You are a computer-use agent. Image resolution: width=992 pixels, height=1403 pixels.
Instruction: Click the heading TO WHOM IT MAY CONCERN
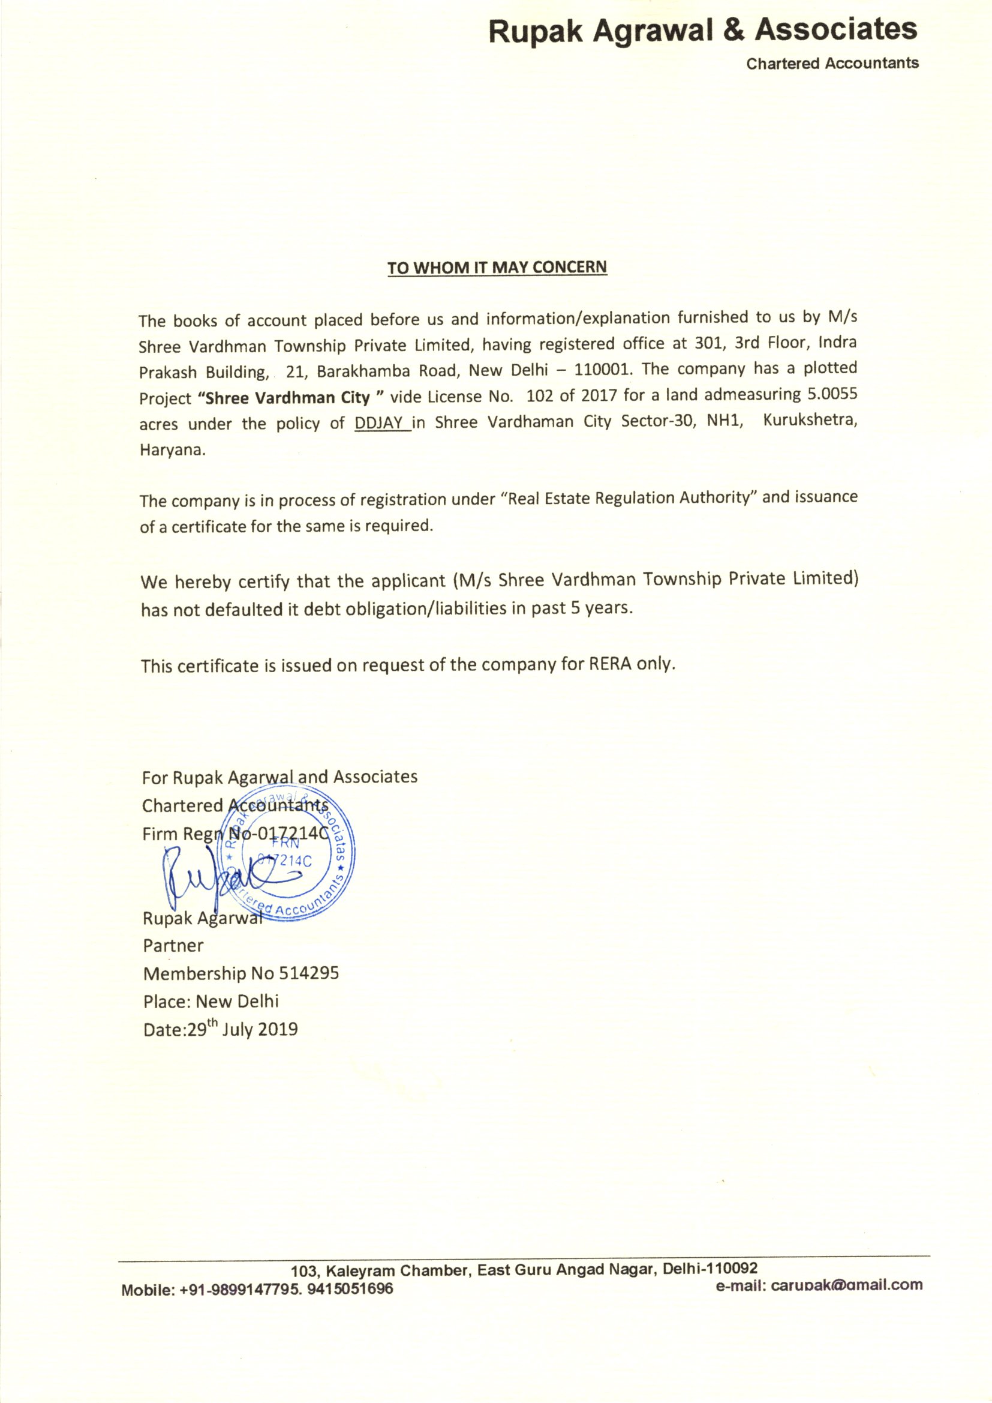click(497, 268)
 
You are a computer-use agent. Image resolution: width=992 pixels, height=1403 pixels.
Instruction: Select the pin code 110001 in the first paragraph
click(599, 370)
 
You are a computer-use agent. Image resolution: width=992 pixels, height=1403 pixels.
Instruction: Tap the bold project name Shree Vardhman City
click(288, 398)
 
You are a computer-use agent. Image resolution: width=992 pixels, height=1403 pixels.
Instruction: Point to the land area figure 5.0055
click(832, 394)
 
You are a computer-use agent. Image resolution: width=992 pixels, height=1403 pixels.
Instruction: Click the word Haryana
click(173, 450)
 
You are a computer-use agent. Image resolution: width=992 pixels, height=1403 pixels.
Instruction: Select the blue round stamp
click(291, 855)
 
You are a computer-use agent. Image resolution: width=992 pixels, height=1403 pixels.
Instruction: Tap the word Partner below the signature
click(173, 945)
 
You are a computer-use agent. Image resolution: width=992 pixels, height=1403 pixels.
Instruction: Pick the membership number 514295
click(308, 973)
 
